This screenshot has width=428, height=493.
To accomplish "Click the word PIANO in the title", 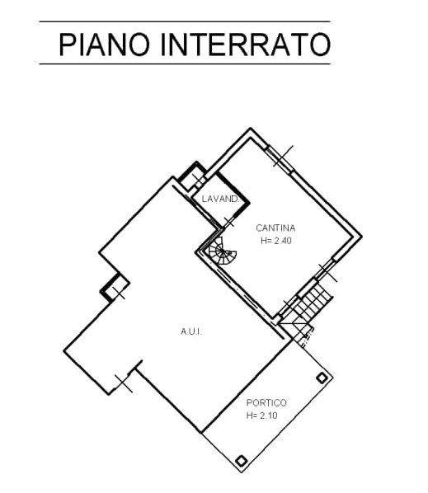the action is (104, 45).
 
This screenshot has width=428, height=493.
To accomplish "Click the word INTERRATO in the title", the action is (245, 45).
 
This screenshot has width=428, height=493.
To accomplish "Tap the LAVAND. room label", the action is (221, 199).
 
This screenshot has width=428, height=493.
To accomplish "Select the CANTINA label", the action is (275, 228).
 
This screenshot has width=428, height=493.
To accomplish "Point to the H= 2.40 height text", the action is (276, 241).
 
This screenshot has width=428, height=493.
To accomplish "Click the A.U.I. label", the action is (191, 331).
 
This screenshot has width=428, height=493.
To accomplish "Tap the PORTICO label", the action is (266, 403).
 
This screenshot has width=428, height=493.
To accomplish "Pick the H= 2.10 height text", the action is (262, 416).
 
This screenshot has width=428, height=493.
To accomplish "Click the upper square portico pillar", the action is (322, 378).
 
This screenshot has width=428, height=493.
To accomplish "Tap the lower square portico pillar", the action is (241, 461).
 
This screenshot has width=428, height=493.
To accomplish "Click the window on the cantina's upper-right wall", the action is (280, 159).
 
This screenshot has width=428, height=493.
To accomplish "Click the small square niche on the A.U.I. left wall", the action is (115, 288).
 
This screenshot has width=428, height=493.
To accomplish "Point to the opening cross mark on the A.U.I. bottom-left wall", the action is (124, 383).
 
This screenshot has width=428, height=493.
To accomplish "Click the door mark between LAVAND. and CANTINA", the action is (229, 222).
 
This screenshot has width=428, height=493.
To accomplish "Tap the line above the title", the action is (185, 21).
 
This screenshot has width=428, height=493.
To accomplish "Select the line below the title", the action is (185, 63).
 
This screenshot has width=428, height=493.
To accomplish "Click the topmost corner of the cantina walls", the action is (251, 128).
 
